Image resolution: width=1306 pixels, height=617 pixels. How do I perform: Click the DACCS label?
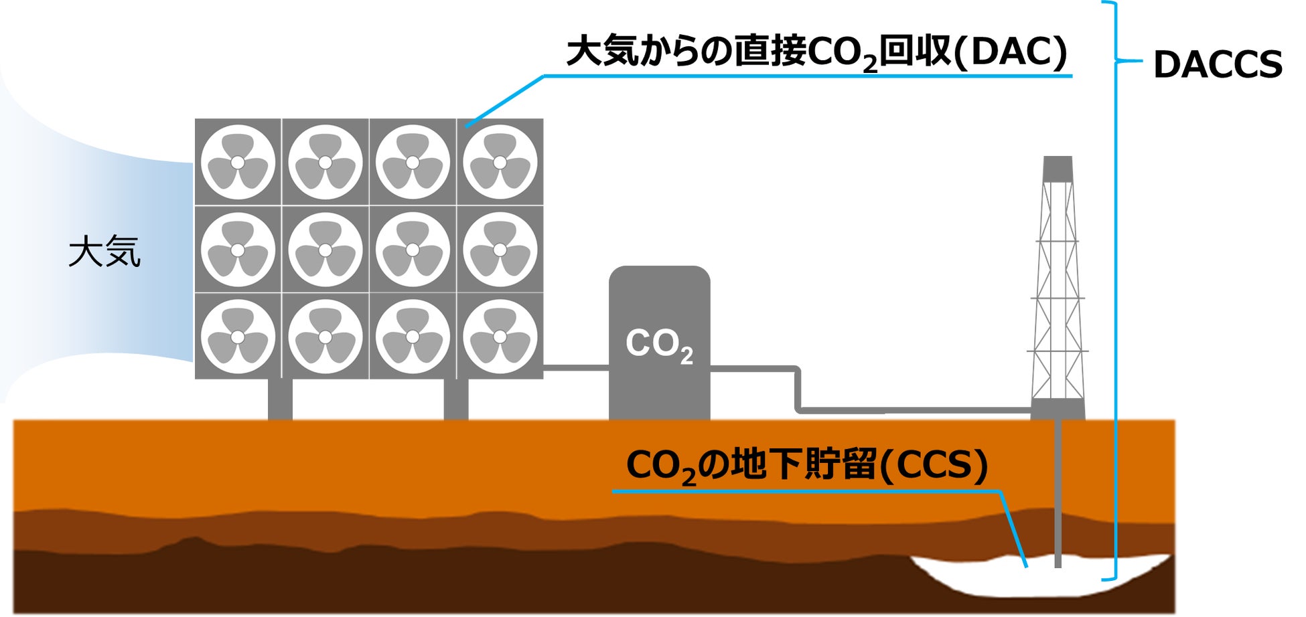1217,65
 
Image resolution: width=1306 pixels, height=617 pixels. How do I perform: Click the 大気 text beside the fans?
104,252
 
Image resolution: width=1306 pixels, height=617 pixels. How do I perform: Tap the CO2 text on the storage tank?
659,344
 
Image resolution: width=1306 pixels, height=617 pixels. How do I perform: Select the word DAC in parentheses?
1015,52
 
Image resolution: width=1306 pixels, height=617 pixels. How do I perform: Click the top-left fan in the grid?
238,163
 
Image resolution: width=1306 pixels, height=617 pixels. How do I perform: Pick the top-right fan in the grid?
500,163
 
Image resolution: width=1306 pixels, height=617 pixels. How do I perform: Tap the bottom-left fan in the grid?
238,337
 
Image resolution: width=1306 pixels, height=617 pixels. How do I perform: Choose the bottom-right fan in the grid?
500,337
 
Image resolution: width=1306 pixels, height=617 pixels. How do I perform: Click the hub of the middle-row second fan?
325,250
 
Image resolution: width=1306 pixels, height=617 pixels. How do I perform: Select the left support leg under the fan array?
280,399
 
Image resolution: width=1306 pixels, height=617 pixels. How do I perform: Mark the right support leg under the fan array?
455,399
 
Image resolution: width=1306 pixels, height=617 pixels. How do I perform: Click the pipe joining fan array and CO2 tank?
576,367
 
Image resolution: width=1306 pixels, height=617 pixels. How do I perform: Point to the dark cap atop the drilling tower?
1058,168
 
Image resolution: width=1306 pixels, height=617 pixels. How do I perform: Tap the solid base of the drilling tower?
1058,409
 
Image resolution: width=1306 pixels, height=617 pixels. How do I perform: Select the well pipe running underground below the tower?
1058,495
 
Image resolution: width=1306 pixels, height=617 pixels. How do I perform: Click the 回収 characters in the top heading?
914,52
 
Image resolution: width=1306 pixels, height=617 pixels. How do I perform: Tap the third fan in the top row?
413,163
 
